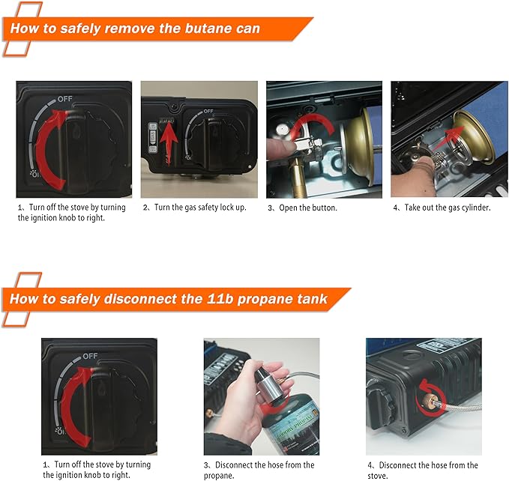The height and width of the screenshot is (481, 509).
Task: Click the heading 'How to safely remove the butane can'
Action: click(135, 29)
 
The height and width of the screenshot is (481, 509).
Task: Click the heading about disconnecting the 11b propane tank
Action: click(168, 300)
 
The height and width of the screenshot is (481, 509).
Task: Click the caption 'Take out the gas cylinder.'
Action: click(442, 208)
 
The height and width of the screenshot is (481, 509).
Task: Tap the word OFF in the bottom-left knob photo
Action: click(90, 356)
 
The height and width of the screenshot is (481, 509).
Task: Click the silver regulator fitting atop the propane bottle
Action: click(270, 383)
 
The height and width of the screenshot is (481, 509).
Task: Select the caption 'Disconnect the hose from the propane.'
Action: click(259, 470)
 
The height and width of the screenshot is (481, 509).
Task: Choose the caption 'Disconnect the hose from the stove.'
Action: click(422, 470)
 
